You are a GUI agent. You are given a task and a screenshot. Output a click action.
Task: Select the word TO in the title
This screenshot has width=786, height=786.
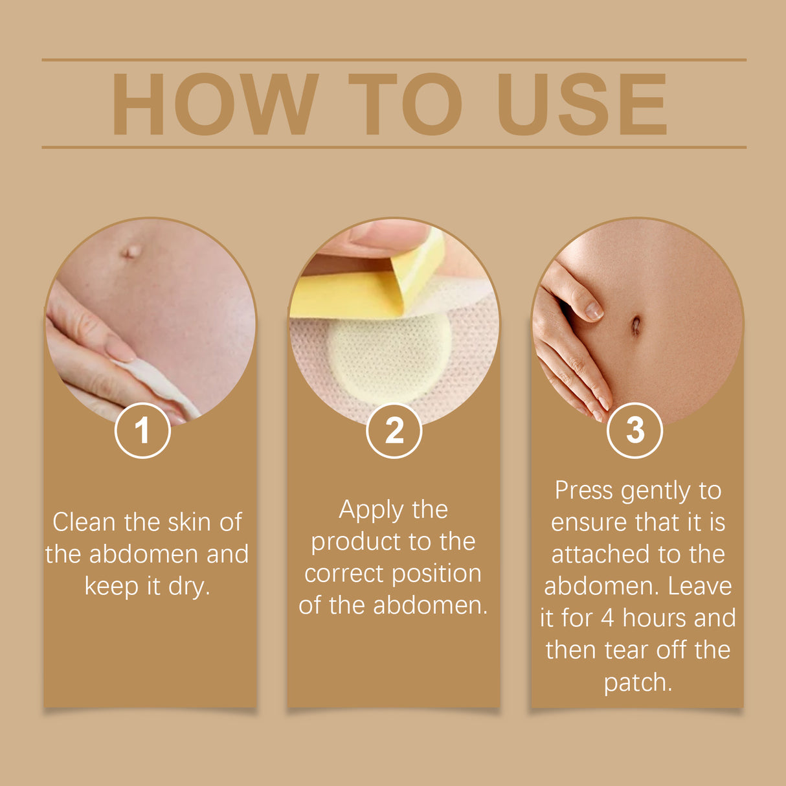[405, 104]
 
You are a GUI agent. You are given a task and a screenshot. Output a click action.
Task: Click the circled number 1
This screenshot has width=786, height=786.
[142, 431]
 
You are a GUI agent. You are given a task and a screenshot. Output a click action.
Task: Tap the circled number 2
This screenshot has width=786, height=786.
[394, 431]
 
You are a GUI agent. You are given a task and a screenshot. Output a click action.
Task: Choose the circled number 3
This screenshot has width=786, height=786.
[634, 431]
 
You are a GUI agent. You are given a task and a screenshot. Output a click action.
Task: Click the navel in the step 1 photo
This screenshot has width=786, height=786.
[131, 251]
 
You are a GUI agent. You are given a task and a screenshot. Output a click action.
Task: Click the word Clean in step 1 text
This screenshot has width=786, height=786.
[83, 522]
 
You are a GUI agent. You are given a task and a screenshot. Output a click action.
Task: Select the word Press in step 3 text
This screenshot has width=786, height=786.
[583, 490]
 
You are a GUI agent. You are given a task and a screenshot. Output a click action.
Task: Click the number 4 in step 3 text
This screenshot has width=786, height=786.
[607, 618]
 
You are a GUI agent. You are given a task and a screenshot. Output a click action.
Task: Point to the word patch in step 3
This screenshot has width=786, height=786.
[637, 682]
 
